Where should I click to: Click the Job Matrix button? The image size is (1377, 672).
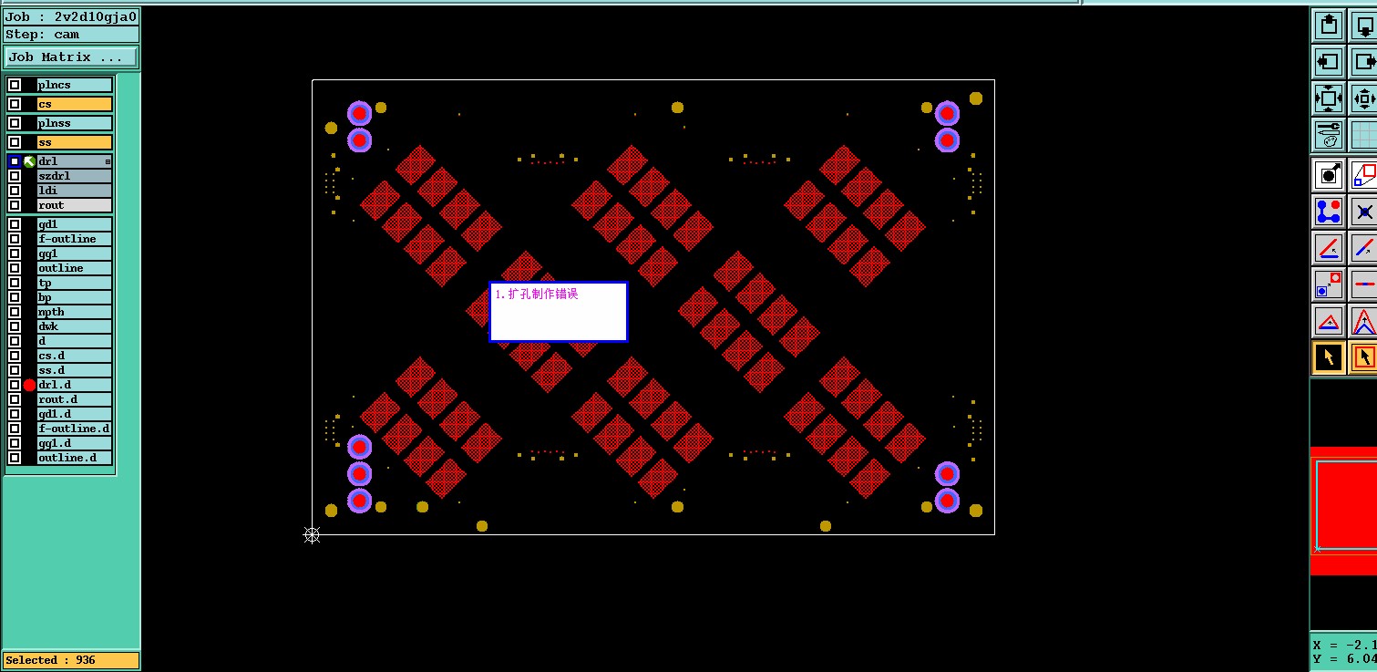(x=71, y=57)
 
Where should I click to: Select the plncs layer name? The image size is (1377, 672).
(x=54, y=85)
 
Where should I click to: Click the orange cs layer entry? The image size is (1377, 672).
(x=75, y=104)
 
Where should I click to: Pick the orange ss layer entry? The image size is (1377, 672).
(x=75, y=142)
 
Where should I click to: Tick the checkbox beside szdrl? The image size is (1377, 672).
(x=15, y=176)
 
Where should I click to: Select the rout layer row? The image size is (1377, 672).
(x=75, y=205)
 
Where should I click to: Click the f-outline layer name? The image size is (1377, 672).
(x=67, y=239)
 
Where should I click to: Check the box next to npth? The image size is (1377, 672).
(x=15, y=313)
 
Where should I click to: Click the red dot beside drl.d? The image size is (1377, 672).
(x=29, y=386)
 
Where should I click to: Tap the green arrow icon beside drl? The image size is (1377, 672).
(x=29, y=161)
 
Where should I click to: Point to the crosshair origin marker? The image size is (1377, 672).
(x=312, y=535)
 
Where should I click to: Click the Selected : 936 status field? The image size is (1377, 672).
(x=71, y=660)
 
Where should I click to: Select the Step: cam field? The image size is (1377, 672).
(x=71, y=35)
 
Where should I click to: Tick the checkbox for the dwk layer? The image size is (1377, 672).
(x=15, y=326)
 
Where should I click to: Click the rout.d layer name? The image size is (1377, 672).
(x=57, y=399)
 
